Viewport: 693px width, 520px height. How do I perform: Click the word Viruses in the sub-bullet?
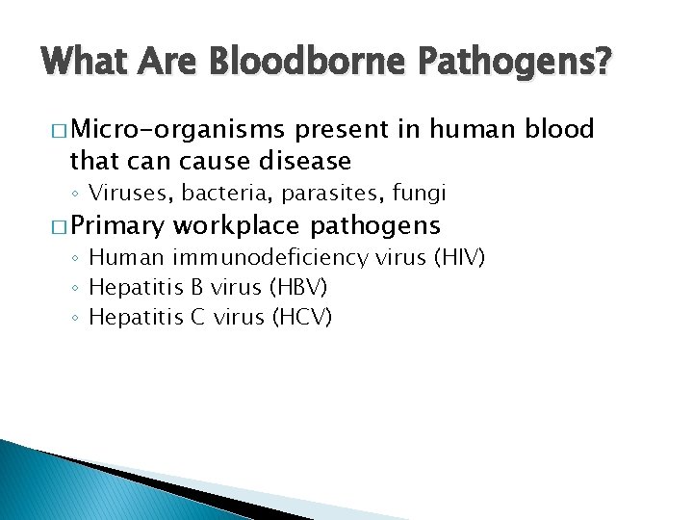click(x=126, y=194)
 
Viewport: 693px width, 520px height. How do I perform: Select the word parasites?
click(x=321, y=195)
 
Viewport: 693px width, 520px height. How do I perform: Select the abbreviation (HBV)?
click(x=303, y=287)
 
